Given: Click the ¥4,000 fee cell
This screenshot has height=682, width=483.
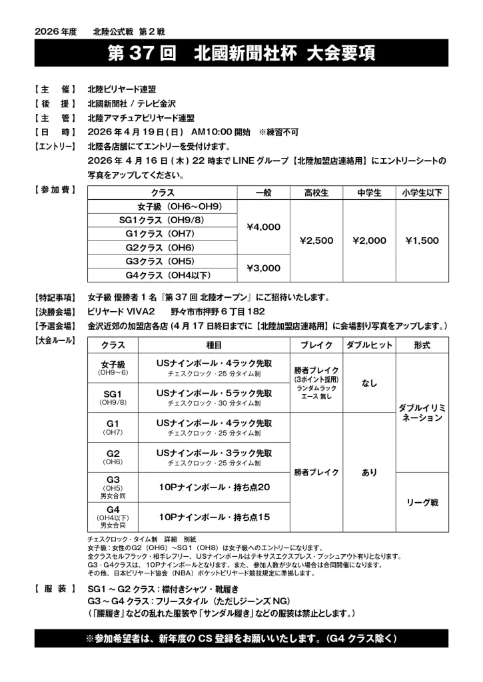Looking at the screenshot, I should pos(263,227).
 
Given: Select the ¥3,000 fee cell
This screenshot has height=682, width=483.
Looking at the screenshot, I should pos(263,268).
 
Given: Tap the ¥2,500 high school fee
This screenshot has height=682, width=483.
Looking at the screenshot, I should pos(316,240).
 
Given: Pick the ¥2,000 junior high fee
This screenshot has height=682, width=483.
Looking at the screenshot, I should pos(369,240).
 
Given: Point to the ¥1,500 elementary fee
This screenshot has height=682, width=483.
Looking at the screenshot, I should pos(422,240).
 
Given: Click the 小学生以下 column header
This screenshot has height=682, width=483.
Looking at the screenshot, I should pos(422,193).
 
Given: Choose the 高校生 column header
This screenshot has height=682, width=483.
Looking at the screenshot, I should pos(316,193).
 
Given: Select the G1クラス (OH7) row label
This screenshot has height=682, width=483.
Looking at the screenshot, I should pos(163,234).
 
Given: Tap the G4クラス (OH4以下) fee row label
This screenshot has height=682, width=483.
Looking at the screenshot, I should pos(163,274).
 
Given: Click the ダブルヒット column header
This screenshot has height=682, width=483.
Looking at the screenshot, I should pos(369,346).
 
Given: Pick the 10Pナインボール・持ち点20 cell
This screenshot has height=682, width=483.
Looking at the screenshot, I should pos(214,488).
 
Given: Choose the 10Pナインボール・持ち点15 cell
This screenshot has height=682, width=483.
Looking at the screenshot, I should pos(214,517).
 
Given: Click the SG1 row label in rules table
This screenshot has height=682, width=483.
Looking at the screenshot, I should pos(113,397).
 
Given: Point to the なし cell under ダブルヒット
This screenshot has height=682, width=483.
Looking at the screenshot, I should pos(369,383).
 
